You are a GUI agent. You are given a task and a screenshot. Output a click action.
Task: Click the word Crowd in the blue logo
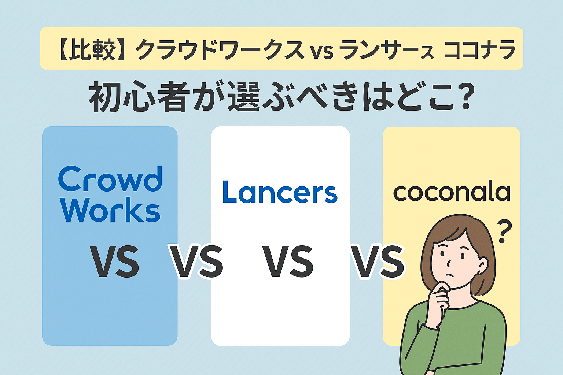[x=110, y=179]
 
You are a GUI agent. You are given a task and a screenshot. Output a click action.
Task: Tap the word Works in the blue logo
[x=110, y=209]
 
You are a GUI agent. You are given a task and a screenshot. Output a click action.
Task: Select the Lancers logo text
[x=280, y=192]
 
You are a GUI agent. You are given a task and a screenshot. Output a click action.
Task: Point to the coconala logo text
[x=452, y=193]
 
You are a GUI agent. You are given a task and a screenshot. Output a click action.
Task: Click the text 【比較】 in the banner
[x=92, y=49]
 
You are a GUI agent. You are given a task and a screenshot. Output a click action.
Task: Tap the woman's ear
[x=483, y=266]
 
